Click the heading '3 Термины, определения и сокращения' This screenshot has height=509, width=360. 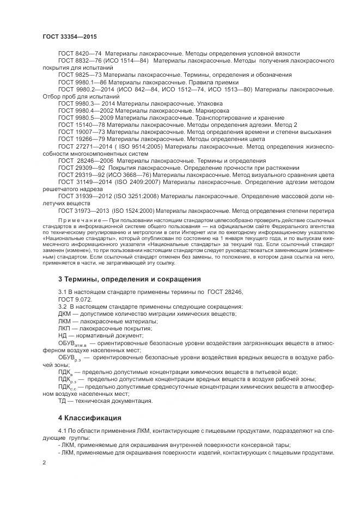130,279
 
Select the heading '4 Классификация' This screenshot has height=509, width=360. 90,418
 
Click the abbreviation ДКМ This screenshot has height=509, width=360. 65,314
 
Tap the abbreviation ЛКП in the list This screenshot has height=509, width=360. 65,329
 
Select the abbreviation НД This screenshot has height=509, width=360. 63,336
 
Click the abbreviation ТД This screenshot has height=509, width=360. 63,401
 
